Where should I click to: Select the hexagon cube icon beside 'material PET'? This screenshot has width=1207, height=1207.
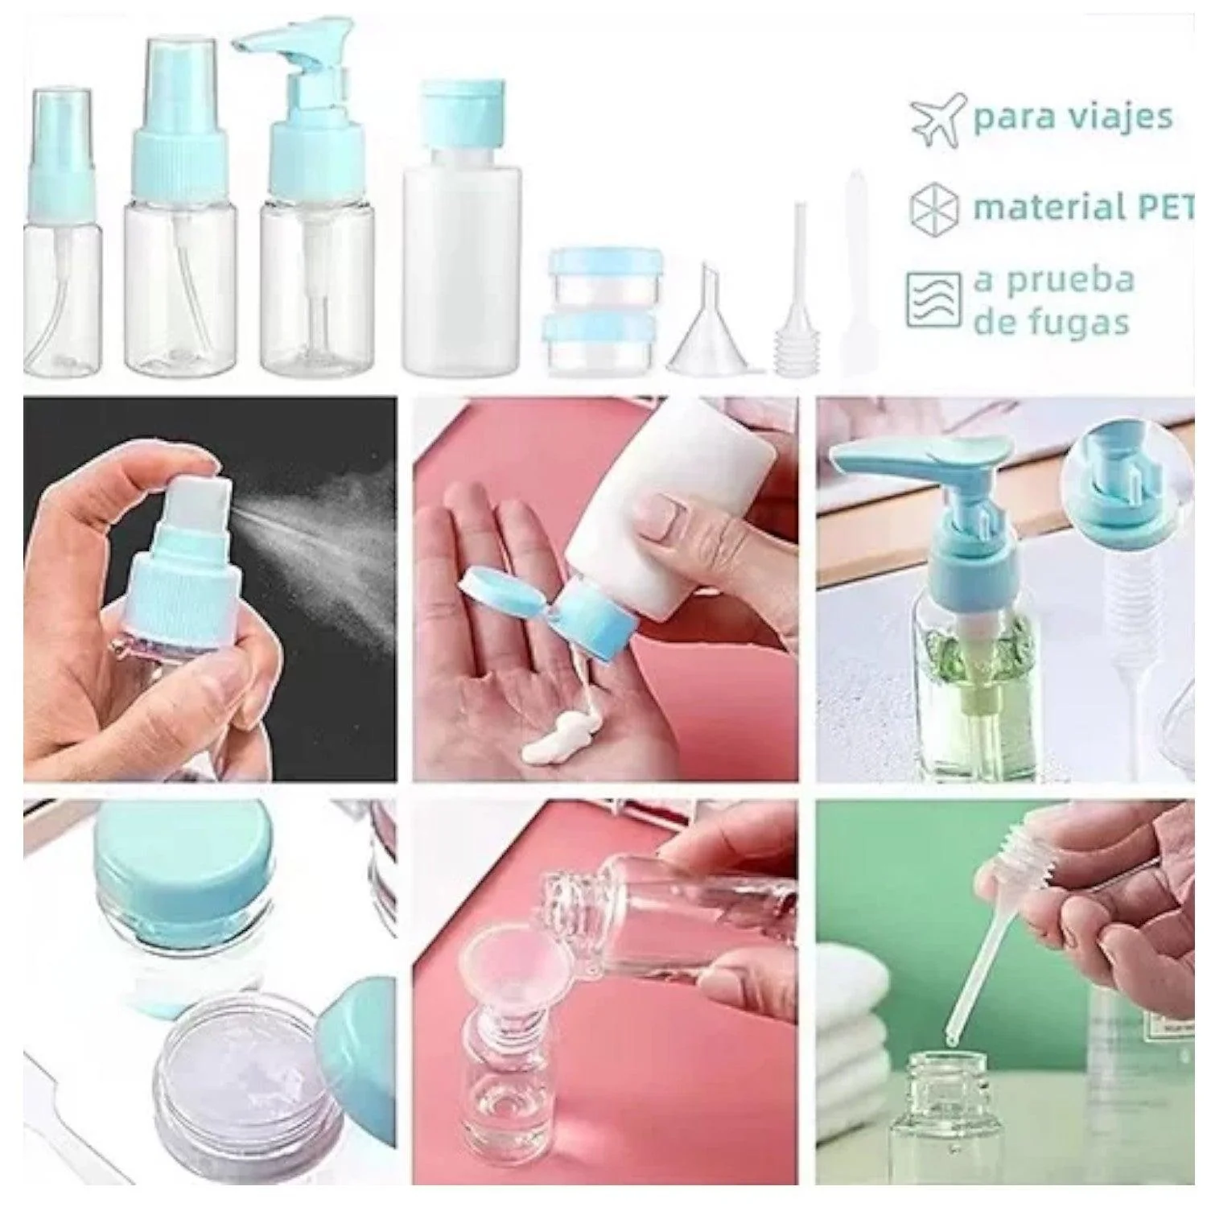click(934, 207)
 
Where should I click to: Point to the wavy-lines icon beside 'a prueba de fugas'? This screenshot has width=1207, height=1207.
click(933, 299)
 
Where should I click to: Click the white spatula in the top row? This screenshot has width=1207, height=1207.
click(853, 274)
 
